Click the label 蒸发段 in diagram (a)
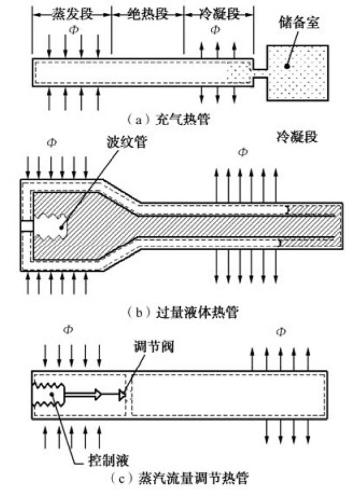(72, 15)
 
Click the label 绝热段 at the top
(147, 15)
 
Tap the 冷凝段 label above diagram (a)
(217, 15)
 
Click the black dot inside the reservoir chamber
(287, 65)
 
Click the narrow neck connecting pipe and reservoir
(260, 72)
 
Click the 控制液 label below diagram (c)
(108, 461)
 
